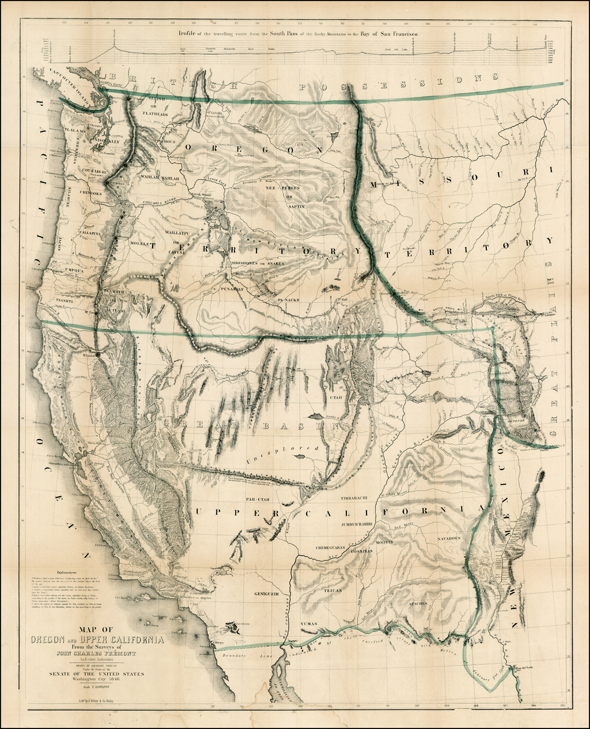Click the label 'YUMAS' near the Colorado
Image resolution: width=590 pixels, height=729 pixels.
click(x=309, y=624)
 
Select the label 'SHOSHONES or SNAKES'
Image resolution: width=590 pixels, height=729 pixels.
click(x=258, y=263)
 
